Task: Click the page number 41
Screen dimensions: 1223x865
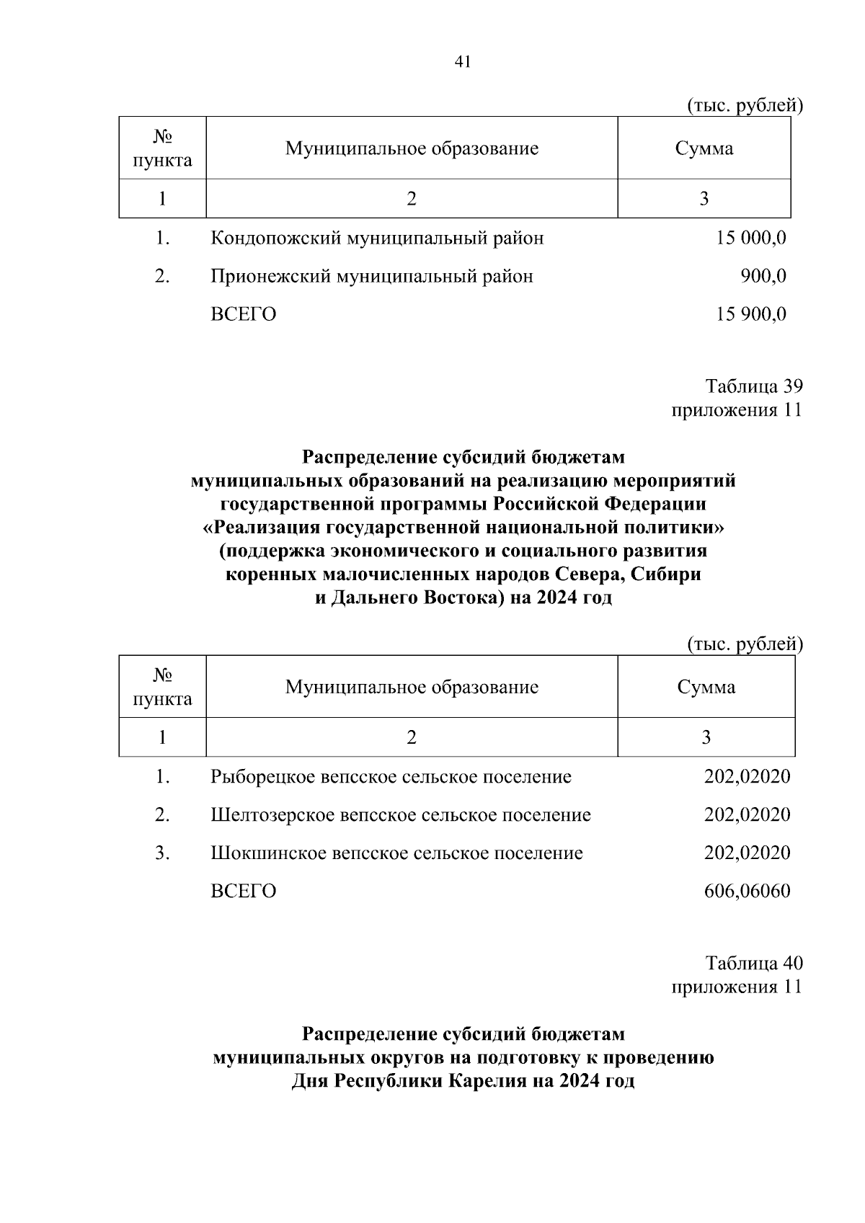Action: (463, 62)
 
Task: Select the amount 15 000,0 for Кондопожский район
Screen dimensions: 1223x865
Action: (750, 238)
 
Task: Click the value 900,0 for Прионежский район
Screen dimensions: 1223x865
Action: (763, 276)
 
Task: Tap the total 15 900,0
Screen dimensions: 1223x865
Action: (750, 314)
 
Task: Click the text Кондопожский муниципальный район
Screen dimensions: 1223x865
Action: (377, 238)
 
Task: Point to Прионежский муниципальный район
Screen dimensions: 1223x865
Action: (371, 276)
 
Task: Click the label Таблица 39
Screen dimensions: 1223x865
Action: (753, 386)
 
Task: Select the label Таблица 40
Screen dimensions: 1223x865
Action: (753, 963)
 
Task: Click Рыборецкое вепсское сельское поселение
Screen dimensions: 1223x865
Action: (391, 777)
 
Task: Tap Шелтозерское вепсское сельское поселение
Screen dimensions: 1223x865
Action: (401, 815)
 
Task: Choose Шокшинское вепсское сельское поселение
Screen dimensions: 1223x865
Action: (396, 853)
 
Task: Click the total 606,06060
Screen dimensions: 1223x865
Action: (747, 891)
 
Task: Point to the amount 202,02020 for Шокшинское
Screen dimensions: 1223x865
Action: (747, 853)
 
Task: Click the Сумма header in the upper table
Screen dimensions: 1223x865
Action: (704, 148)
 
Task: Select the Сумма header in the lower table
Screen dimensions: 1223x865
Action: (706, 687)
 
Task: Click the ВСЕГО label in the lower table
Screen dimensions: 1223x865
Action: (243, 891)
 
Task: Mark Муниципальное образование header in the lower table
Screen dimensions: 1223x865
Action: (412, 687)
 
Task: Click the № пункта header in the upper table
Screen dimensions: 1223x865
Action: (162, 148)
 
